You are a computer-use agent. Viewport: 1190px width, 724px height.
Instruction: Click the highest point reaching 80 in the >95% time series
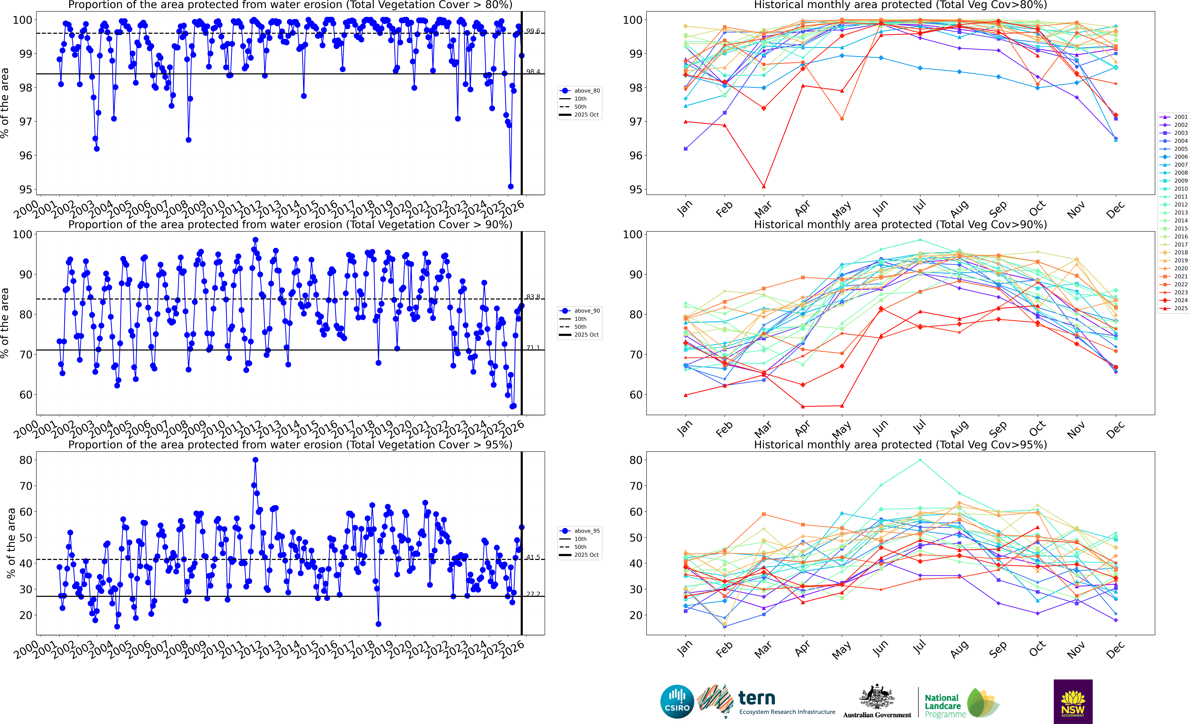255,460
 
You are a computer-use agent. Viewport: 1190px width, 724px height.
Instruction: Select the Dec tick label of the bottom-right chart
1115,649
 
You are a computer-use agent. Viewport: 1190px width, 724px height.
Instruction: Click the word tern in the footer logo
757,698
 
